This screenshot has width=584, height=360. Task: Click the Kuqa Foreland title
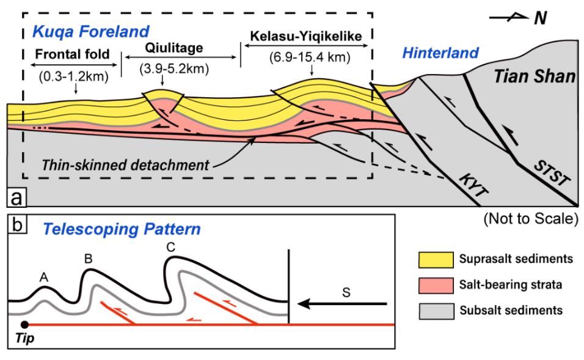91,32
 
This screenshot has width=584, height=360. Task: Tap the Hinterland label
440,53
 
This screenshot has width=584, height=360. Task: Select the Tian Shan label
535,76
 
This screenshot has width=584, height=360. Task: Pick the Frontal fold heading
72,54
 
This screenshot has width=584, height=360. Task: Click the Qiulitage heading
174,48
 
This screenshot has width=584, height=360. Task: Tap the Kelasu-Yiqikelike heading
306,36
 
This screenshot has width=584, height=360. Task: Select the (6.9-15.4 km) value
310,57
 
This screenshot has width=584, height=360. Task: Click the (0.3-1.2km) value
74,76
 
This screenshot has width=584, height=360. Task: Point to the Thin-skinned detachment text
125,165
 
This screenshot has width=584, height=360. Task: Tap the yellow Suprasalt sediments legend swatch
436,260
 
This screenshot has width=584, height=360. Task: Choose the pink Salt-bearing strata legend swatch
436,285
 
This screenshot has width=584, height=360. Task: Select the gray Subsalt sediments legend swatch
436,311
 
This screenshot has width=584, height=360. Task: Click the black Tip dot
24,325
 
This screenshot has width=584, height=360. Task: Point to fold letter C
171,248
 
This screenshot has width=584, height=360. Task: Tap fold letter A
44,277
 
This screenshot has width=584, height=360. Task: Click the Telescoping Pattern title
122,229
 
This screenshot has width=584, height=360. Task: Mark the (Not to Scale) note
531,218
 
